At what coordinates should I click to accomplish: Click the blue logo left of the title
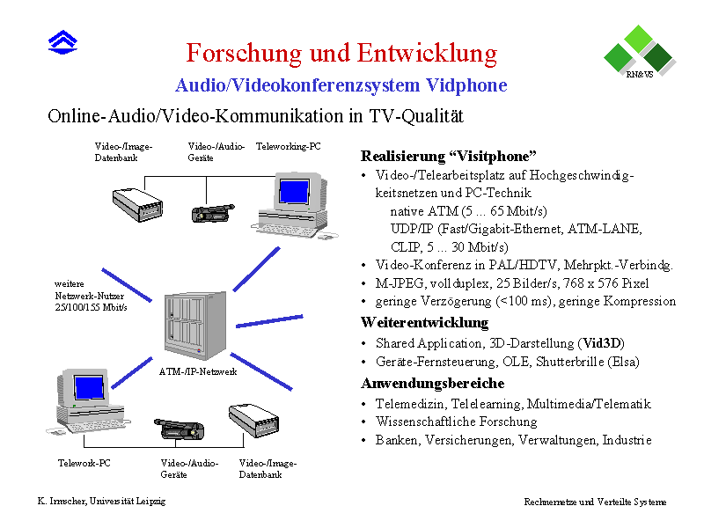click(x=62, y=42)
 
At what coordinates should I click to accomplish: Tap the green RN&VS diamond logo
click(x=640, y=51)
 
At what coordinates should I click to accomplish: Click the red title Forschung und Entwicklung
click(x=341, y=54)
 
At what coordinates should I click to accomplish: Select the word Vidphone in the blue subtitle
click(x=466, y=84)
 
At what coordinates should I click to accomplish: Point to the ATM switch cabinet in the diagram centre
click(x=195, y=325)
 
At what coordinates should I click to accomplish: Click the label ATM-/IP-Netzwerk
click(x=198, y=371)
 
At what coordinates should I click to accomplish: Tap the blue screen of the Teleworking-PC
click(x=294, y=191)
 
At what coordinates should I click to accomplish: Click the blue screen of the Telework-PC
click(x=90, y=387)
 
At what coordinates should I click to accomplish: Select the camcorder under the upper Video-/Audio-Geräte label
click(x=213, y=213)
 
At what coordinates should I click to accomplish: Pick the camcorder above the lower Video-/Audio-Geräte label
click(x=180, y=429)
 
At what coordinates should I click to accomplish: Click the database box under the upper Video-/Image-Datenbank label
click(x=137, y=205)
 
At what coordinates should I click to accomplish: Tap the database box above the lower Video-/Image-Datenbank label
click(x=253, y=420)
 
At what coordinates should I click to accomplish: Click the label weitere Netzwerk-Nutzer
click(x=90, y=290)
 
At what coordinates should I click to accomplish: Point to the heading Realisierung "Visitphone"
click(x=449, y=157)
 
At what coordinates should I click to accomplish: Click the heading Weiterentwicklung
click(x=425, y=322)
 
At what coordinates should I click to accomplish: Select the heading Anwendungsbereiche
click(x=433, y=383)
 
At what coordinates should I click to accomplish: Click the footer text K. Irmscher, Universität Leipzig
click(x=101, y=501)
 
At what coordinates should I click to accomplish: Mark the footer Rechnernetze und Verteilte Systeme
click(x=595, y=502)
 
